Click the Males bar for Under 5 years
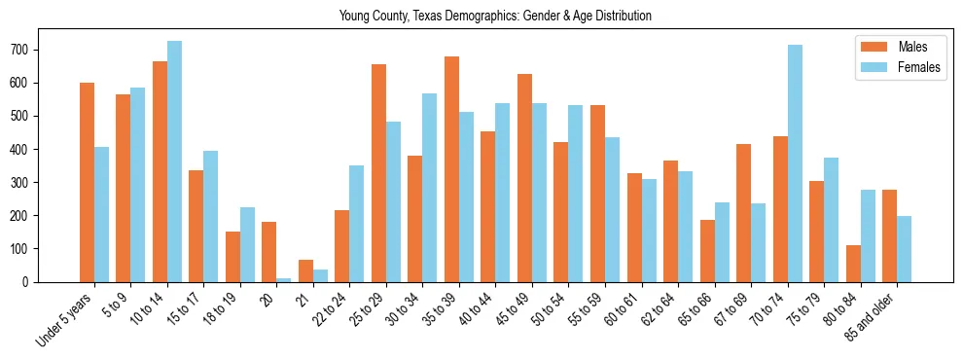87,182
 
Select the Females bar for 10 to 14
174,161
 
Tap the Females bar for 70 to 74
795,162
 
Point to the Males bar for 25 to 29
378,172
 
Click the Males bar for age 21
305,270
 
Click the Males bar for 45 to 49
524,177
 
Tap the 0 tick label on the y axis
30,281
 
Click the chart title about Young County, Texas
495,17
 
